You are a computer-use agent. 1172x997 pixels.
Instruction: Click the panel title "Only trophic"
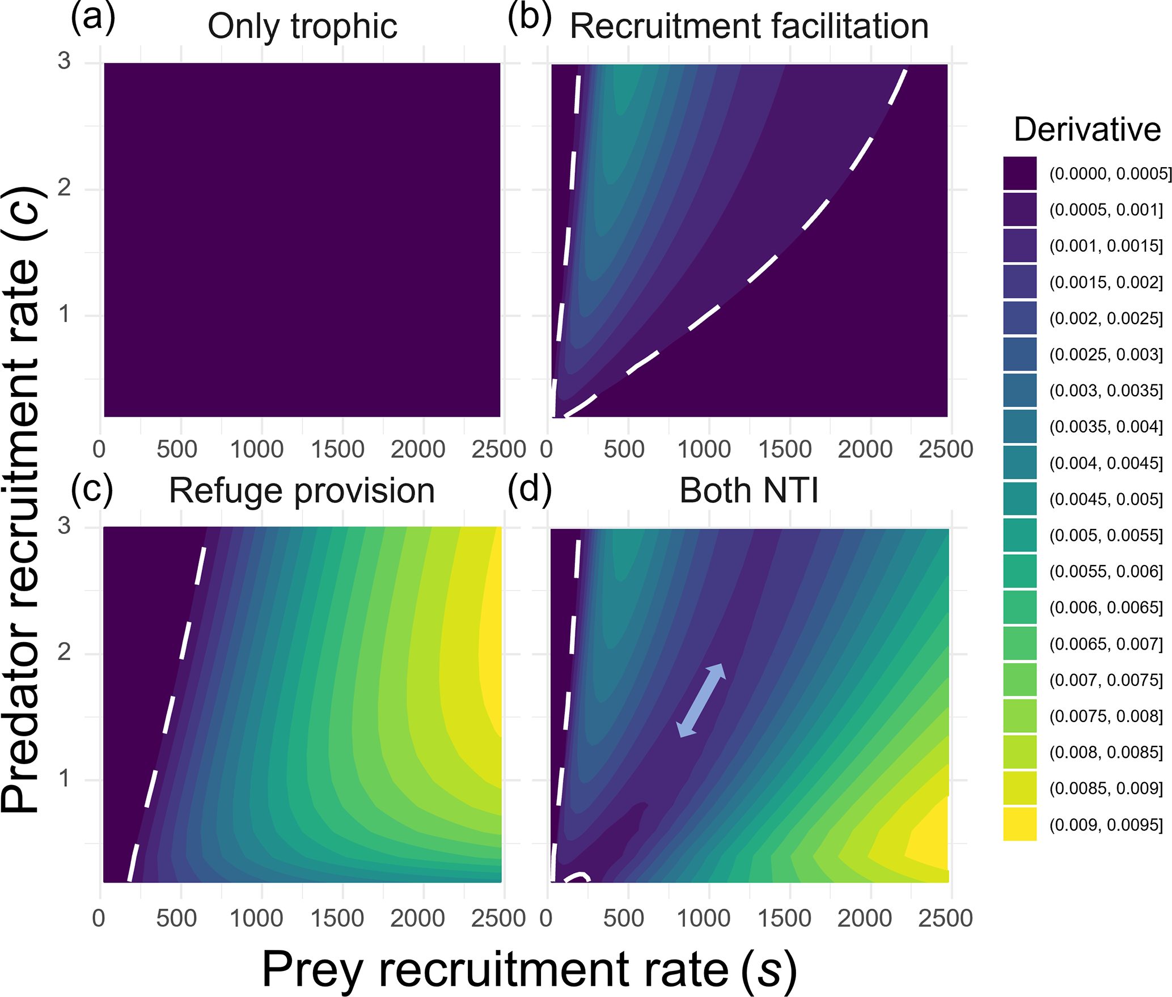click(x=302, y=26)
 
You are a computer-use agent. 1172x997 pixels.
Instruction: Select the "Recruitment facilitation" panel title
click(x=748, y=26)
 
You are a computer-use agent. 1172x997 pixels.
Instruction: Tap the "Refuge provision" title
click(x=302, y=490)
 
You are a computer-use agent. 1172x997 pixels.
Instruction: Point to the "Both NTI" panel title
click(x=748, y=490)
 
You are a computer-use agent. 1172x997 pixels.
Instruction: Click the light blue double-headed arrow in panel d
click(x=701, y=700)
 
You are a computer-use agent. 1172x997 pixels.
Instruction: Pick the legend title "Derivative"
click(x=1087, y=129)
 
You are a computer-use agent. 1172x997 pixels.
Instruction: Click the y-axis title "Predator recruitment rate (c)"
click(x=22, y=499)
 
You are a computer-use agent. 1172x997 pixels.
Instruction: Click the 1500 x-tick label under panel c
click(x=337, y=918)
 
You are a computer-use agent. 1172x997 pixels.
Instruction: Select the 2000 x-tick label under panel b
click(x=865, y=449)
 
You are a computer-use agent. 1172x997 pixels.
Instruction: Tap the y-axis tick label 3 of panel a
click(x=64, y=61)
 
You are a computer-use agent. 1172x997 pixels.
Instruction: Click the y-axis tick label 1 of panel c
click(x=64, y=779)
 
